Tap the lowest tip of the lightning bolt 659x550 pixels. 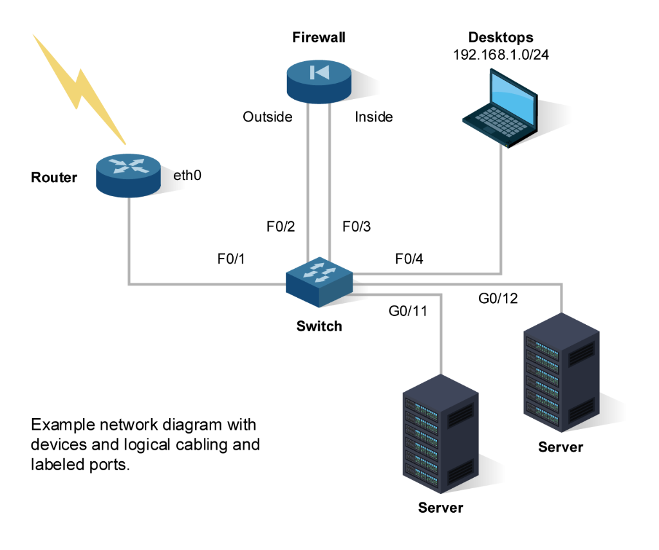click(125, 143)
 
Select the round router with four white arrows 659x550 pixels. click(128, 174)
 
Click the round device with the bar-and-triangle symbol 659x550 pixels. click(319, 80)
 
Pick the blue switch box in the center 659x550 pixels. click(319, 281)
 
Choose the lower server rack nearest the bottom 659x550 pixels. click(440, 434)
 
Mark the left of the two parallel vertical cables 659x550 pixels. click(308, 180)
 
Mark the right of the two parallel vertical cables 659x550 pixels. click(329, 180)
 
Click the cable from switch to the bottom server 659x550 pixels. click(441, 335)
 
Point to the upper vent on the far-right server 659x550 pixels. click(581, 354)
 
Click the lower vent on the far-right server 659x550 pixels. click(581, 410)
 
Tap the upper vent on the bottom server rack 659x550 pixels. click(460, 416)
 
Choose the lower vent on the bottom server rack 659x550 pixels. click(460, 472)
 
